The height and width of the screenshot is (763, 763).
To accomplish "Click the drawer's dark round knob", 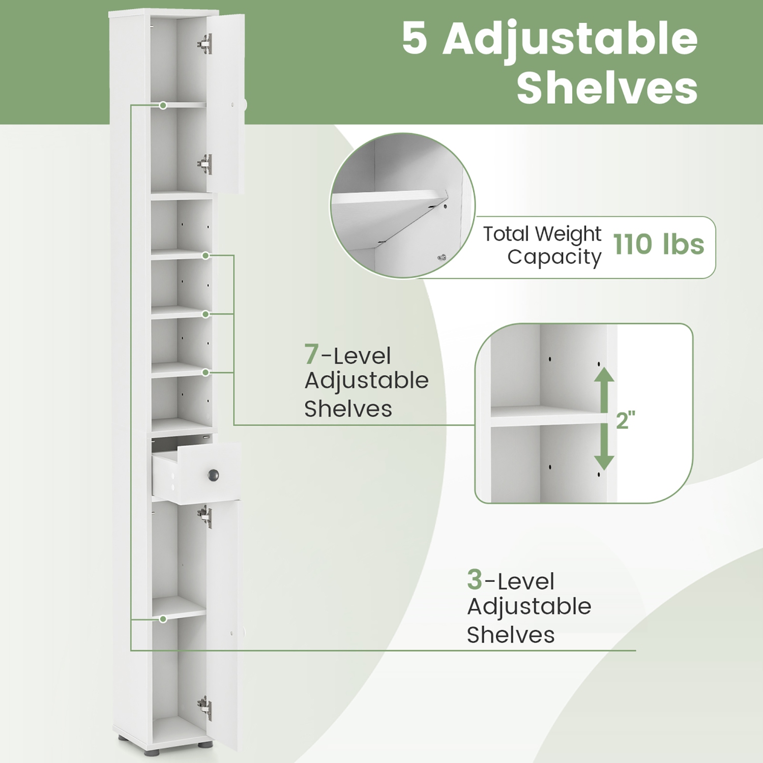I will [x=213, y=475].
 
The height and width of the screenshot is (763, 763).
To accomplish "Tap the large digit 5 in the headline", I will [x=415, y=39].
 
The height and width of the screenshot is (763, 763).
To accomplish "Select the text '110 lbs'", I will [x=659, y=245].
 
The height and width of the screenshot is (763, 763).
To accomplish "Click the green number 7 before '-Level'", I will [x=312, y=354].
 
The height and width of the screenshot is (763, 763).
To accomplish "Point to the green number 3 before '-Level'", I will [x=475, y=579].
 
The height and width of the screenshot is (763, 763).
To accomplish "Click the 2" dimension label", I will [x=626, y=421].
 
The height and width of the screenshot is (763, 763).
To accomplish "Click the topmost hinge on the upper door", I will [x=205, y=44].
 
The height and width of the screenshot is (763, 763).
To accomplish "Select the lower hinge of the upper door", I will [x=205, y=164].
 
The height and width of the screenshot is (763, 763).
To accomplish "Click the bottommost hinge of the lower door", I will [x=205, y=708].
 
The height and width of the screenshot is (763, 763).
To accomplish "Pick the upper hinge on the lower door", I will [x=205, y=516].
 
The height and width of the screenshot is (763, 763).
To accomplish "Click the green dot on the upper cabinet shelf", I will [x=163, y=105].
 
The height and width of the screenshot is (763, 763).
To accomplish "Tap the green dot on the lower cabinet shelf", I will [x=163, y=619].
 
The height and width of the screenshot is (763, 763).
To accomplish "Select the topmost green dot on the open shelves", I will [x=206, y=255].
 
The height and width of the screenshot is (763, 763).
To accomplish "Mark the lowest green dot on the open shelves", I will [x=206, y=372].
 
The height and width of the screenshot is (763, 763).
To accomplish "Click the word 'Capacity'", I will [x=554, y=257].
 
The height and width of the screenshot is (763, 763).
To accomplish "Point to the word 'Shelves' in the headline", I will [x=607, y=89].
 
